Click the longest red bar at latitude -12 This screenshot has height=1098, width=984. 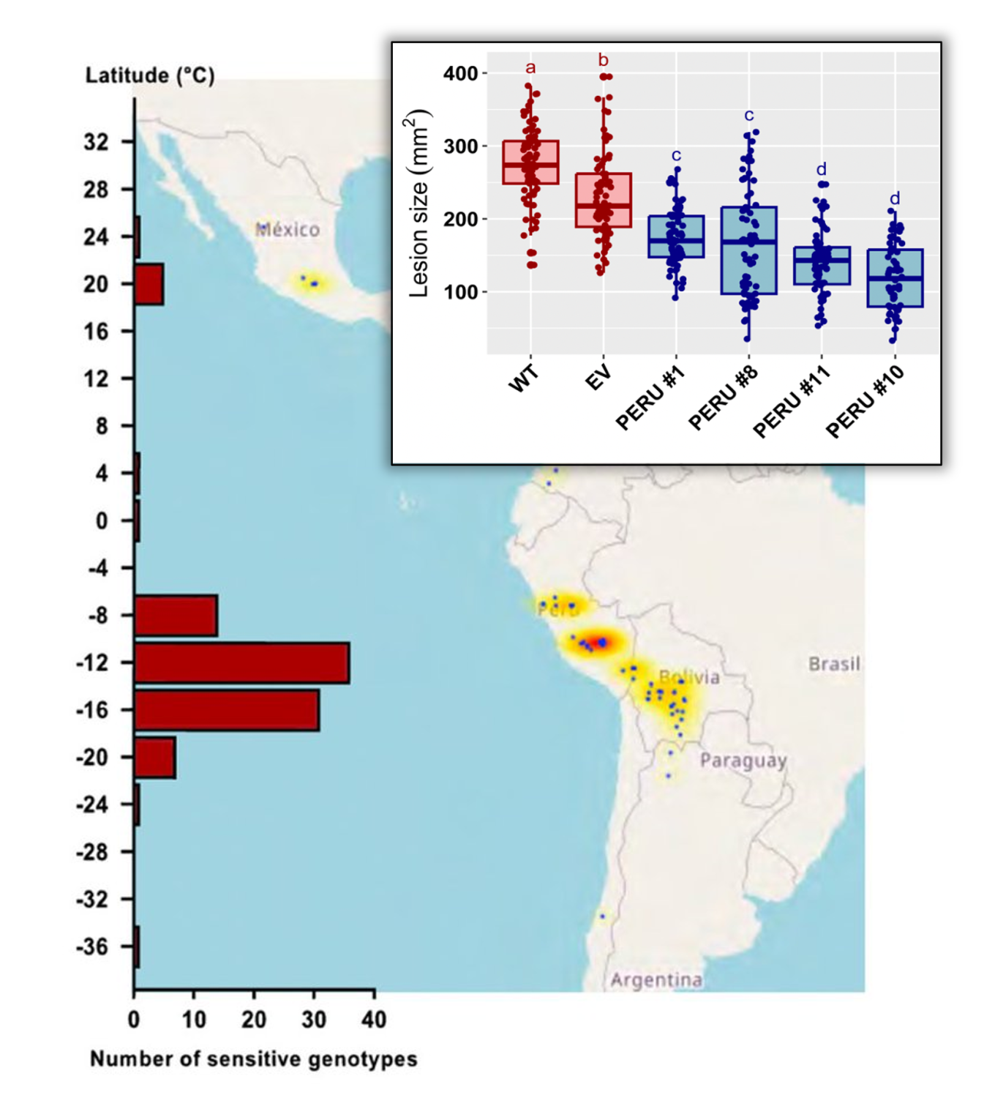(241, 663)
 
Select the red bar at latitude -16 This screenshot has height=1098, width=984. (227, 710)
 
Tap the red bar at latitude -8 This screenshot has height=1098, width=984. (176, 616)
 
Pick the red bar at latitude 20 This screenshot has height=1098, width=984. (149, 285)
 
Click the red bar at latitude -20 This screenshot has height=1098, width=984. (154, 758)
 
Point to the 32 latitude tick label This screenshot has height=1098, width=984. (96, 142)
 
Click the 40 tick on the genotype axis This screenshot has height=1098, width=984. (374, 1020)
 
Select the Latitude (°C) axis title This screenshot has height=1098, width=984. (150, 75)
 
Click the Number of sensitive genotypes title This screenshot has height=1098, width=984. (253, 1059)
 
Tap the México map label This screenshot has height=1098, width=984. (288, 230)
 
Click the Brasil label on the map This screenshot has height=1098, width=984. (834, 664)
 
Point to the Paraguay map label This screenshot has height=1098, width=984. (743, 761)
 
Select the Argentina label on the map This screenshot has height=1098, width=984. (656, 980)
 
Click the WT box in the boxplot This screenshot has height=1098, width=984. (530, 163)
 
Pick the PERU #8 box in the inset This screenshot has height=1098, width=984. (748, 250)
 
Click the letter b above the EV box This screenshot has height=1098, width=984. (603, 60)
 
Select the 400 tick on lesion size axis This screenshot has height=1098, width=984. (460, 73)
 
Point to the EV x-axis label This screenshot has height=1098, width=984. (598, 378)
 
